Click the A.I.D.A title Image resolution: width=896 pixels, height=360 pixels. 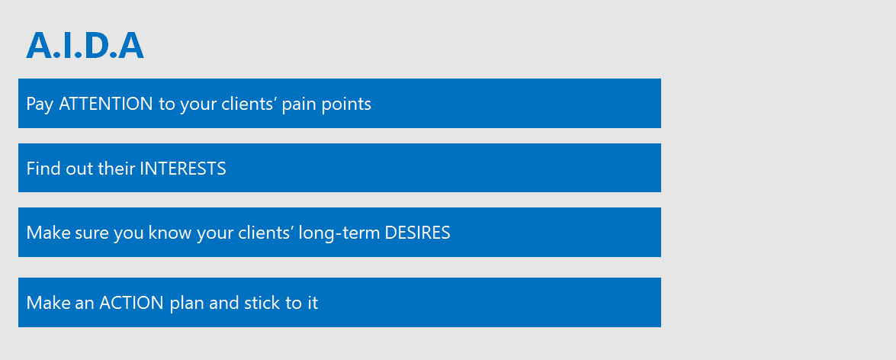(85, 45)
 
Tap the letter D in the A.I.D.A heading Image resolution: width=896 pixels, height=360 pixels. (97, 45)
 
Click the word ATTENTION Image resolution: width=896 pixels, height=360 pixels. (106, 104)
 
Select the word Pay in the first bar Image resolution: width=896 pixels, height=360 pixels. (40, 104)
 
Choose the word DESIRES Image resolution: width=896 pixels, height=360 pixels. (418, 233)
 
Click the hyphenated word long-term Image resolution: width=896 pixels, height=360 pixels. (339, 233)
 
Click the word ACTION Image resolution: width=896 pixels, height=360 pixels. (131, 303)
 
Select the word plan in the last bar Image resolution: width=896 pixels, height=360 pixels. (187, 304)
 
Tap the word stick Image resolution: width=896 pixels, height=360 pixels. (262, 303)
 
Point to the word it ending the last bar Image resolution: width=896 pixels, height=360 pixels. (312, 303)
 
